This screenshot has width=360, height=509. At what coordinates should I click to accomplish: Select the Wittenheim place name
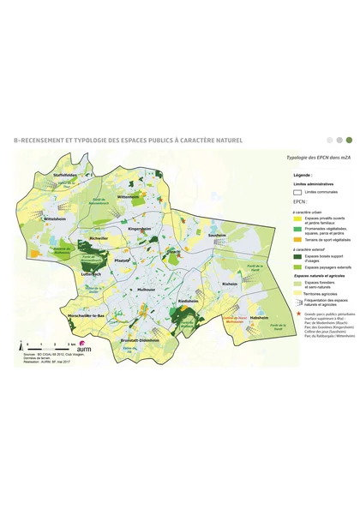click(129, 196)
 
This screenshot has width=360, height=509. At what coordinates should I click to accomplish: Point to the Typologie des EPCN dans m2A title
click(312, 159)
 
